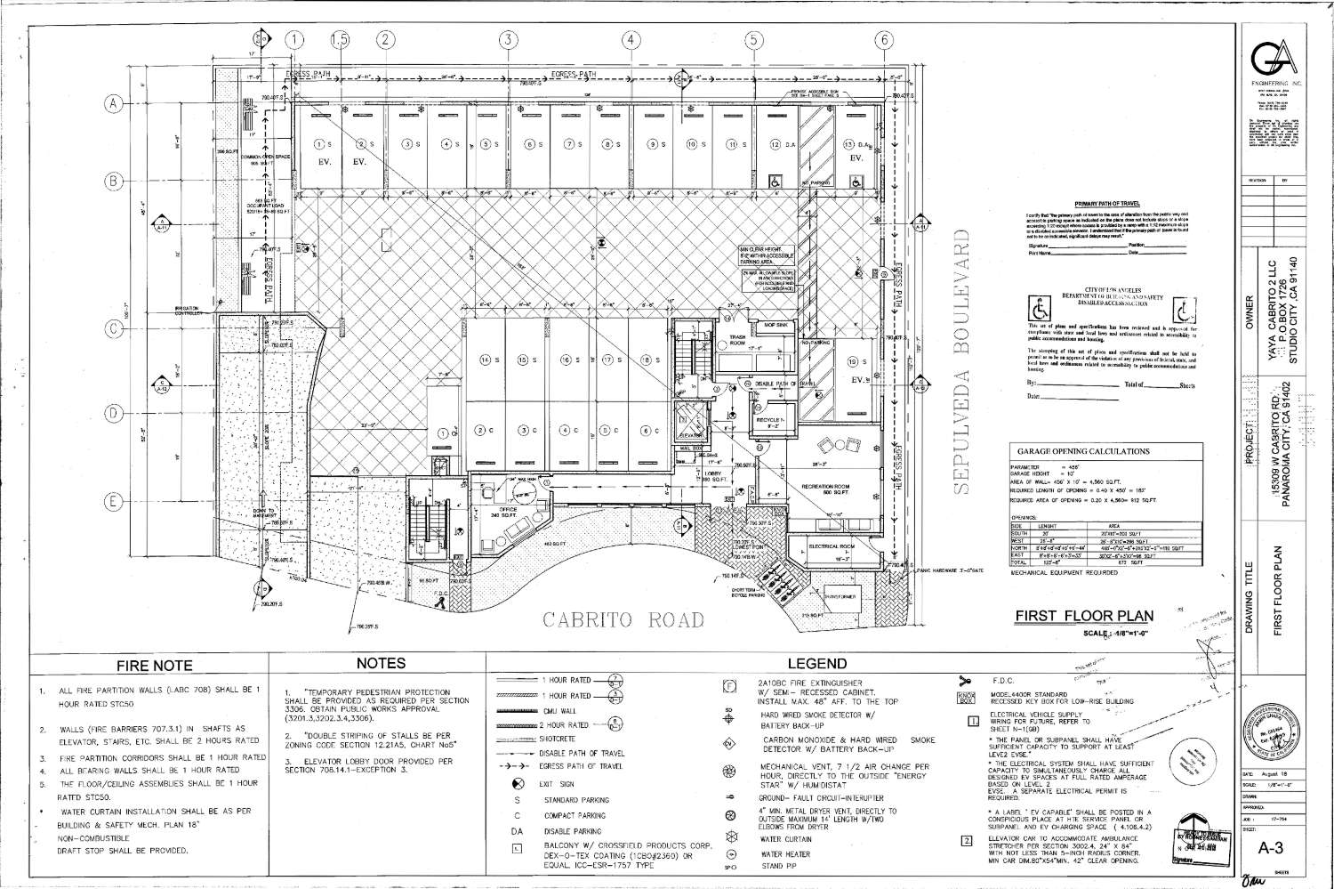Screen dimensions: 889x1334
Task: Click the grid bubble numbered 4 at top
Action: (631, 39)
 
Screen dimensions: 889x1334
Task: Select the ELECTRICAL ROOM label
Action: (832, 545)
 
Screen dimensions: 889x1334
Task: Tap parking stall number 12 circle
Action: (775, 144)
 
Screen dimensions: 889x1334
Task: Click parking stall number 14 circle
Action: (486, 360)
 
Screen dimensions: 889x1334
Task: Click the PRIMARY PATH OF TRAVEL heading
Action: (1106, 204)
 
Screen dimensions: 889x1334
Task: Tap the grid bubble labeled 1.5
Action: (339, 39)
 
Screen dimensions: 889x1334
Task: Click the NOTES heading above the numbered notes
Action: (381, 663)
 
